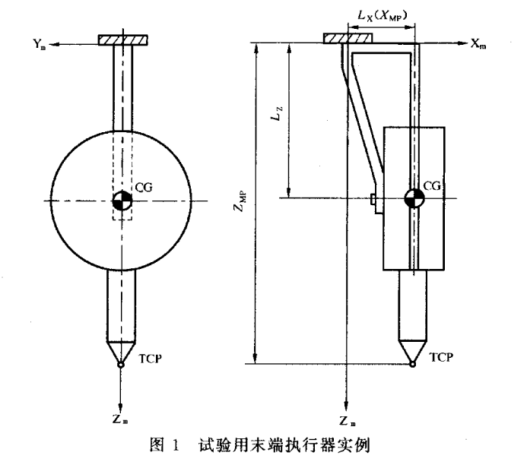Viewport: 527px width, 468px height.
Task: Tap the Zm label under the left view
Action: click(121, 417)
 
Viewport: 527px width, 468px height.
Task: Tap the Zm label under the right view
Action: click(348, 421)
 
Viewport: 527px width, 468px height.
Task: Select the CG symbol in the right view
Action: click(414, 198)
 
